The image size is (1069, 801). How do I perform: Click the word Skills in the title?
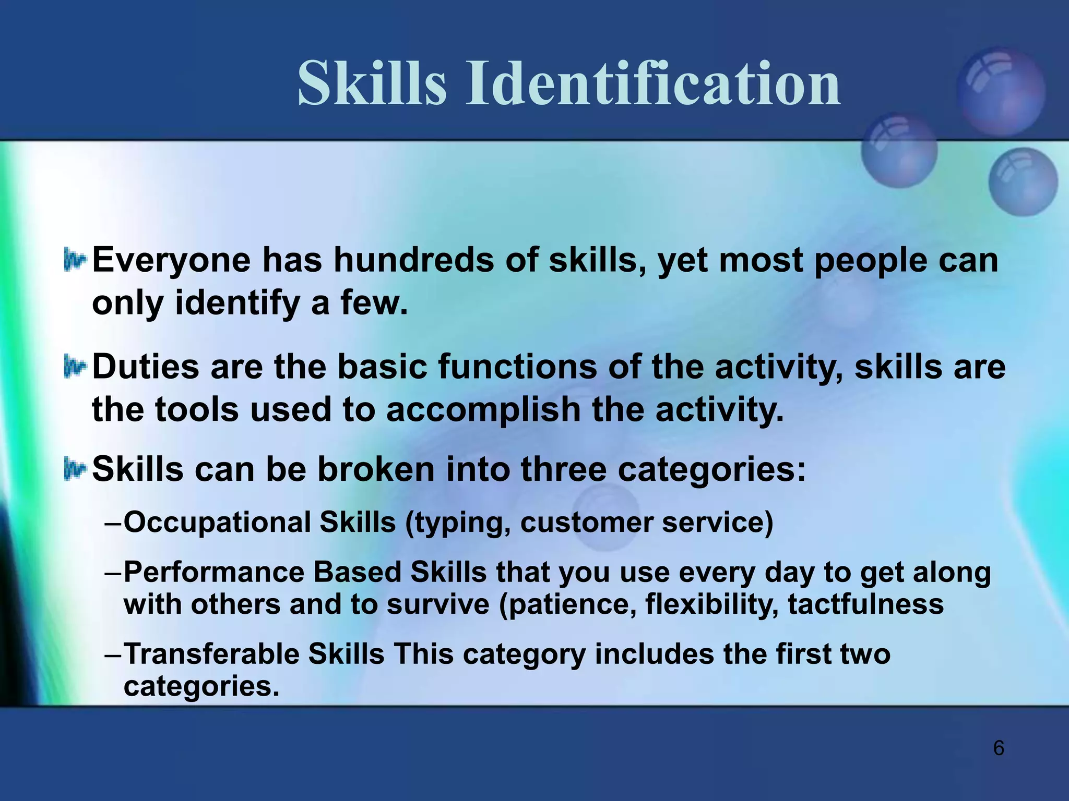pyautogui.click(x=372, y=83)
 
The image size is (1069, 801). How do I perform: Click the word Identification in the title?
pyautogui.click(x=653, y=83)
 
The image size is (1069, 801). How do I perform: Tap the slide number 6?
pyautogui.click(x=998, y=748)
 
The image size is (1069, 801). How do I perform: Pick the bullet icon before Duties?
pyautogui.click(x=74, y=367)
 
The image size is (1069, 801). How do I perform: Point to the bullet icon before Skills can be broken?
pyautogui.click(x=74, y=469)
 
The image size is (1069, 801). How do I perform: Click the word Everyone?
pyautogui.click(x=171, y=260)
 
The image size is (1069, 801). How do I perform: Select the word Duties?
pyautogui.click(x=146, y=367)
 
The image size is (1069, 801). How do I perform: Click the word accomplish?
pyautogui.click(x=483, y=409)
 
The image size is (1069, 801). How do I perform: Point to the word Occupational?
pyautogui.click(x=217, y=523)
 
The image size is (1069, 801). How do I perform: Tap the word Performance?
pyautogui.click(x=213, y=572)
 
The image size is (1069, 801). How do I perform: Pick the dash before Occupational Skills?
pyautogui.click(x=113, y=523)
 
